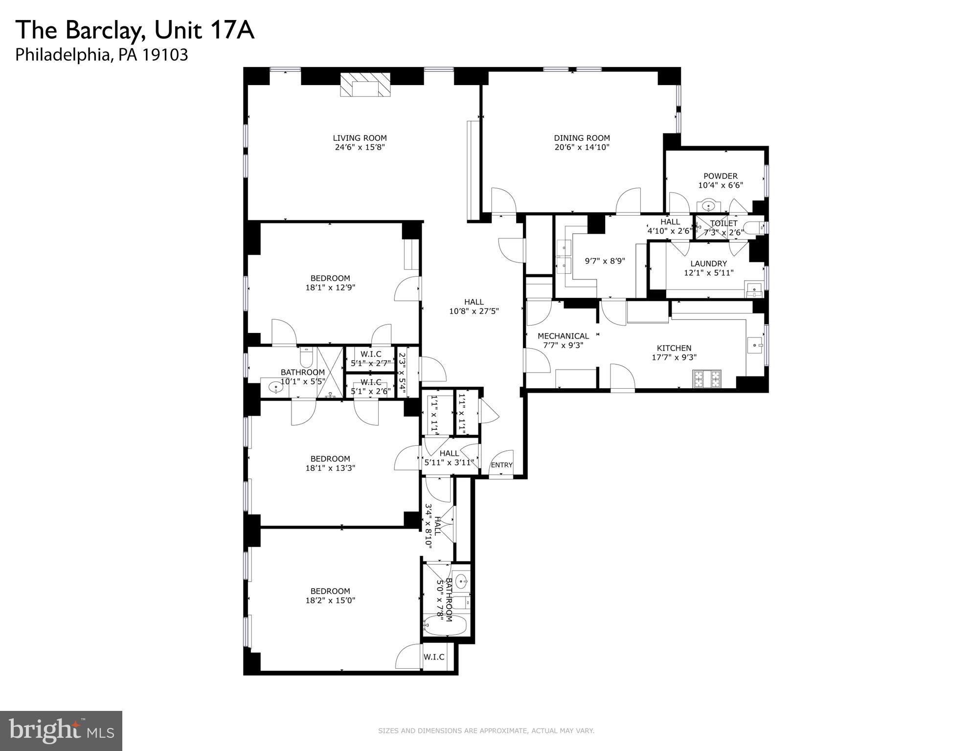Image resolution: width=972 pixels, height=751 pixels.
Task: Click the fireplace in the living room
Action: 365,86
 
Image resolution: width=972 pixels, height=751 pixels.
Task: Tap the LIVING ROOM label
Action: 360,138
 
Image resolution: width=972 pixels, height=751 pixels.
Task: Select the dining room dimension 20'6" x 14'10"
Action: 582,147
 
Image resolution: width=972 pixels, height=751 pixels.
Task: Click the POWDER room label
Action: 720,176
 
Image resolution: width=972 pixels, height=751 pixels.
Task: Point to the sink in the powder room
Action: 708,206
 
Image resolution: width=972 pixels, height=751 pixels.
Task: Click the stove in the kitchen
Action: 707,379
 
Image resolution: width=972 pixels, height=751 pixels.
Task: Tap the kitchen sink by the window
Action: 755,345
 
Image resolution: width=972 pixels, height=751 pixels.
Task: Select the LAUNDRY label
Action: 708,264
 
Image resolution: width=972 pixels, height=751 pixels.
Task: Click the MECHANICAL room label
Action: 563,336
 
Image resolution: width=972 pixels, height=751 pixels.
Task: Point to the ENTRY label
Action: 501,465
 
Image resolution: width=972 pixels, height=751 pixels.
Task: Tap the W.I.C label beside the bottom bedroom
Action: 434,657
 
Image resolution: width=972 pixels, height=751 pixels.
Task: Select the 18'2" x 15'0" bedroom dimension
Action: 330,600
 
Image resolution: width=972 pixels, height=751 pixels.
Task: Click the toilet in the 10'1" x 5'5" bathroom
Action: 306,358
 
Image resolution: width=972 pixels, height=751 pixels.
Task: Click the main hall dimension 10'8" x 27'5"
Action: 474,311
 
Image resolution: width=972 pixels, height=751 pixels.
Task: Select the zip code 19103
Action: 165,55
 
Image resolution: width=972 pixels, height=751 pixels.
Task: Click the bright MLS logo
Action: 61,730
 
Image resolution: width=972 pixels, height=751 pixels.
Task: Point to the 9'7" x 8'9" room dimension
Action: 605,261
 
